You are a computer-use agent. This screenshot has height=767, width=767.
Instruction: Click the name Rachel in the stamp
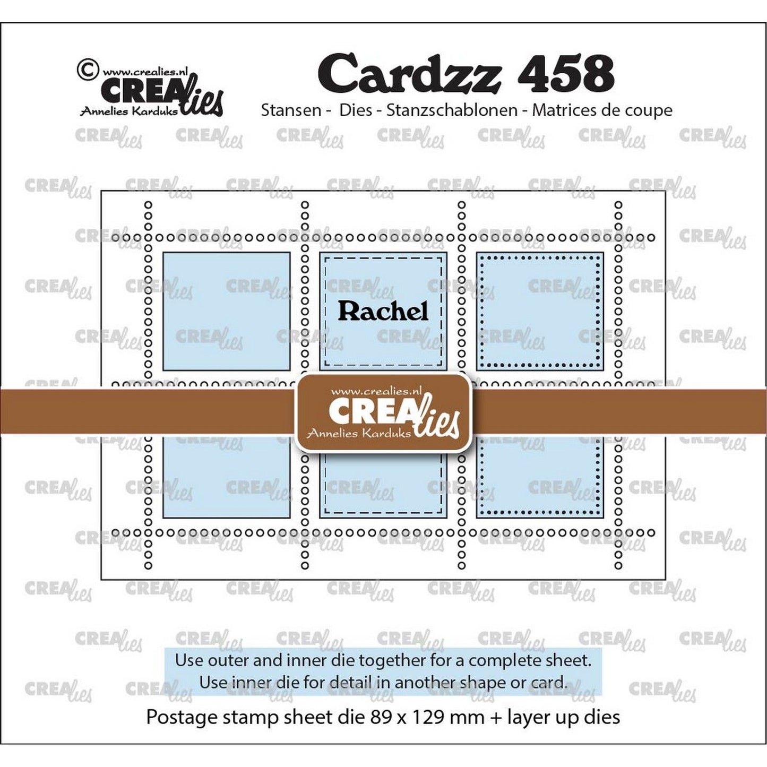pos(383,311)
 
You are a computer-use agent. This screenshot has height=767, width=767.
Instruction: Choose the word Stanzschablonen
pos(452,110)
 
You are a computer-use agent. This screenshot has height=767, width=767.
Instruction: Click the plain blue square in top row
pos(226,311)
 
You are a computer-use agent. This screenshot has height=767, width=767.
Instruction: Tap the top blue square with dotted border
pos(540,311)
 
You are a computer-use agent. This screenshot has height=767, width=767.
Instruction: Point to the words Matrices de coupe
pos(602,110)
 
